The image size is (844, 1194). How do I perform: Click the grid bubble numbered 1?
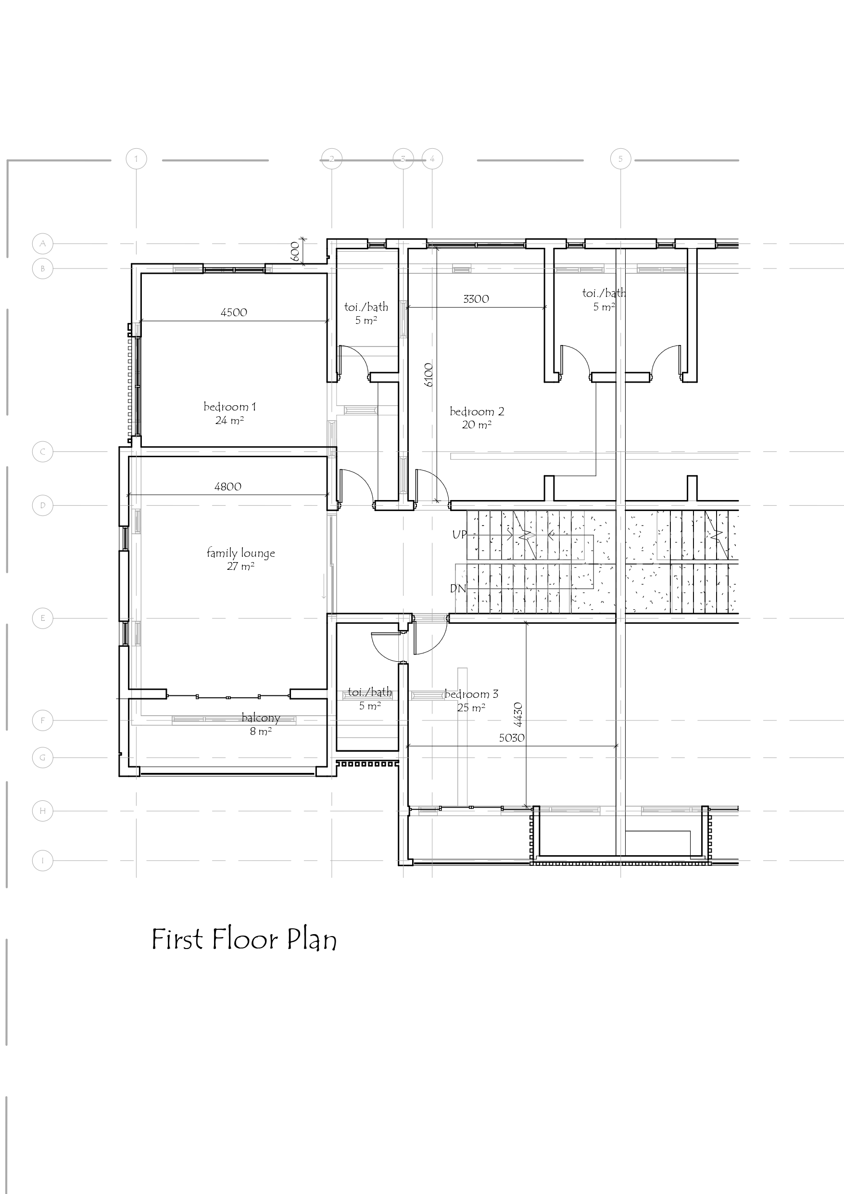point(136,159)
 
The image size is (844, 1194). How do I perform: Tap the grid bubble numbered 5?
point(620,159)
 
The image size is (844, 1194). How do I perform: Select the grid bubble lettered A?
point(43,244)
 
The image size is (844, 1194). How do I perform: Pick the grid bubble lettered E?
point(43,618)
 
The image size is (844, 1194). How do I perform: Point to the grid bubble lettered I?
point(43,860)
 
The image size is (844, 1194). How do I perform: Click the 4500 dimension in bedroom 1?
point(234,312)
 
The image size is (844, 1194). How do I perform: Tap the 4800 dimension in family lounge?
point(227,487)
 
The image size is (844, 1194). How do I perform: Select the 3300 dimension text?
point(476,299)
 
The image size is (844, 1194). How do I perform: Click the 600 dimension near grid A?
point(295,251)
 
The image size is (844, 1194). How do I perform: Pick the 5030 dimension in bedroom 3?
point(511,738)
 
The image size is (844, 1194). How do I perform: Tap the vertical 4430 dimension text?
point(517,715)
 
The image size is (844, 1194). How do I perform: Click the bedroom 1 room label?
point(230,407)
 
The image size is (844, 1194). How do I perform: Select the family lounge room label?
point(240,553)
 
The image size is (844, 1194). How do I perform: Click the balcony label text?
point(261,718)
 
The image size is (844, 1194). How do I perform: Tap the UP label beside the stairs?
point(459,535)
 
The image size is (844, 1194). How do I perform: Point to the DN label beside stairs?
point(458,589)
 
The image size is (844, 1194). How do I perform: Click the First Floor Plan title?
point(244,940)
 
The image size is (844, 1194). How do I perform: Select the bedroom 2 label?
point(477,412)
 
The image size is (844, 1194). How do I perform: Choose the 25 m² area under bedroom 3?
point(471,708)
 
